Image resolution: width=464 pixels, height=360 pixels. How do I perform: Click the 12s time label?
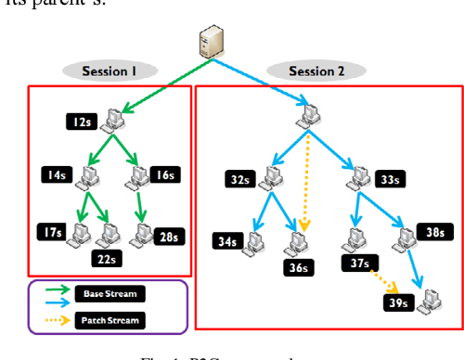80,121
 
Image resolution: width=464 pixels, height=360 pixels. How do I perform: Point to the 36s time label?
298,269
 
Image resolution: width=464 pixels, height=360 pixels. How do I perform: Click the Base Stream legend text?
116,293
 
